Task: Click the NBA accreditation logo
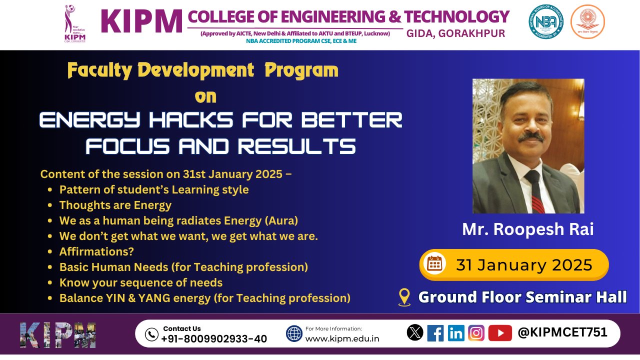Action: click(x=545, y=21)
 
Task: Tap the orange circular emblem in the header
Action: click(x=587, y=21)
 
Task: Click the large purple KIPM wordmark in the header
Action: click(x=142, y=21)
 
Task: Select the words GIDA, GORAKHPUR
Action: click(x=455, y=33)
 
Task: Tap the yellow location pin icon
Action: click(x=404, y=297)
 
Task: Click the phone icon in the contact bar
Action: click(x=151, y=334)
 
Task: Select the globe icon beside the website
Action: click(x=294, y=333)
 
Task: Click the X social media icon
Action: click(x=415, y=332)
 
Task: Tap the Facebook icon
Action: click(x=435, y=333)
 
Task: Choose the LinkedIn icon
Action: click(x=456, y=333)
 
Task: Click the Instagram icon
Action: click(x=476, y=333)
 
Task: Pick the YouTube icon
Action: click(x=500, y=333)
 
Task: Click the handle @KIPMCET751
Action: click(x=562, y=332)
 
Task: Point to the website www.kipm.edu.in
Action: click(x=342, y=339)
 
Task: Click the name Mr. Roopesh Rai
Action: click(x=527, y=229)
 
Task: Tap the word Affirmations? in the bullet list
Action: click(x=96, y=251)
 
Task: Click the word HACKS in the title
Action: click(x=191, y=120)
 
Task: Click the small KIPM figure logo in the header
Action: click(x=74, y=24)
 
